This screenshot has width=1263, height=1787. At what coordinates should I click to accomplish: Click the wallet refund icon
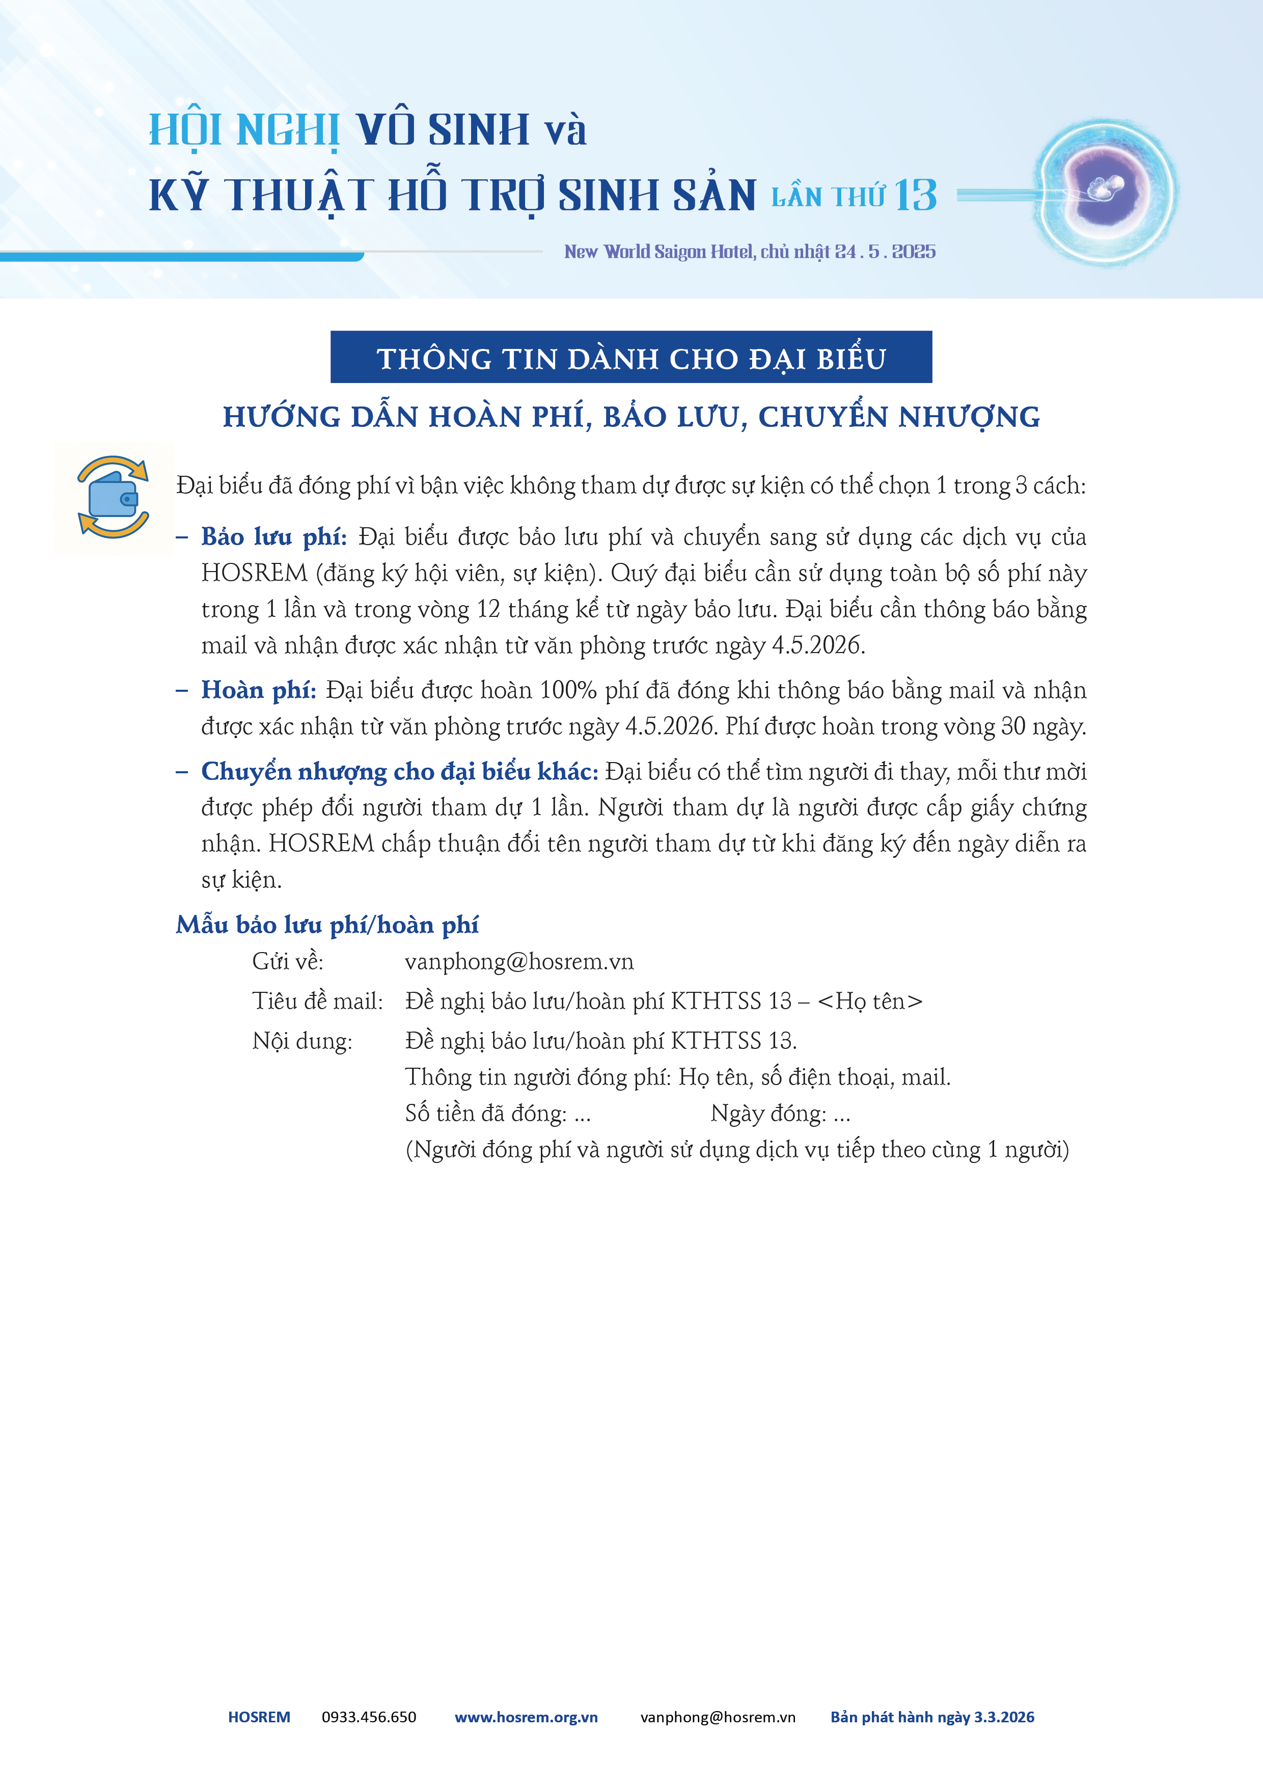click(x=114, y=497)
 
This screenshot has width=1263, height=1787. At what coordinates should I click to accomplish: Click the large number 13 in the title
click(x=915, y=195)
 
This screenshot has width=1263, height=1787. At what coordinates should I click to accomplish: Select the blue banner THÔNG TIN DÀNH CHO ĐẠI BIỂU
click(x=631, y=357)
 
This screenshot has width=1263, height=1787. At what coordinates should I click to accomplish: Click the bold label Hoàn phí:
click(x=258, y=690)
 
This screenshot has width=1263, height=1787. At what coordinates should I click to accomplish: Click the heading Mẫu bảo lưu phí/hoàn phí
click(x=327, y=925)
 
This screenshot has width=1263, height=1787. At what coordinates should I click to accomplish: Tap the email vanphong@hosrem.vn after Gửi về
click(x=519, y=962)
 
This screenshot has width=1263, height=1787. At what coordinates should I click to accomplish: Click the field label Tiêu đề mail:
click(x=317, y=1001)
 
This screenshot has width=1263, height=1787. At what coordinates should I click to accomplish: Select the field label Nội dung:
click(x=302, y=1041)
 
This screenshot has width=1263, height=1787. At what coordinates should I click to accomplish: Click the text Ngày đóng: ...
click(x=768, y=1114)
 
